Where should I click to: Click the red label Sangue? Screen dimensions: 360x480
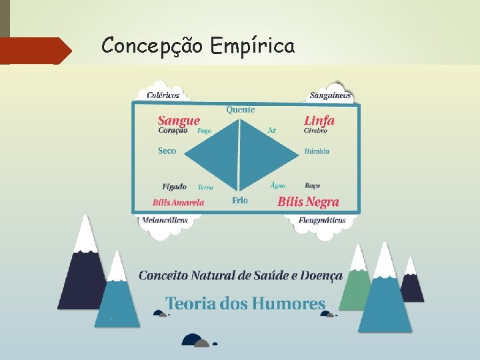(x=179, y=121)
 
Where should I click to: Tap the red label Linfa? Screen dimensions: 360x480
(x=319, y=121)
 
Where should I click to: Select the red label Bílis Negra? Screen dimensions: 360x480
(x=308, y=202)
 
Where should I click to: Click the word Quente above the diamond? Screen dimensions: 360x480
(x=240, y=109)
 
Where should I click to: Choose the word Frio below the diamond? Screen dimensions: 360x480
(x=240, y=201)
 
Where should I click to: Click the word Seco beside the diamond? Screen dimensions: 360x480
(x=167, y=151)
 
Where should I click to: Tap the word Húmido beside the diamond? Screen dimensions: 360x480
(x=317, y=151)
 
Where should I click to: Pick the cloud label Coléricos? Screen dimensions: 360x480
(x=163, y=95)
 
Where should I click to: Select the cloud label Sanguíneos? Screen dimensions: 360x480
(x=330, y=96)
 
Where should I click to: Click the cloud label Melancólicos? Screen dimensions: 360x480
(x=164, y=220)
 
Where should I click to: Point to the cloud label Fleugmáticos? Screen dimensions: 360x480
(x=322, y=220)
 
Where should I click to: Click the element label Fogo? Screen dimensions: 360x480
(x=204, y=131)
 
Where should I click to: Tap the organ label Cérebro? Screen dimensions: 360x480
(x=315, y=131)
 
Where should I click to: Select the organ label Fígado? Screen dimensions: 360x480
(x=174, y=187)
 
